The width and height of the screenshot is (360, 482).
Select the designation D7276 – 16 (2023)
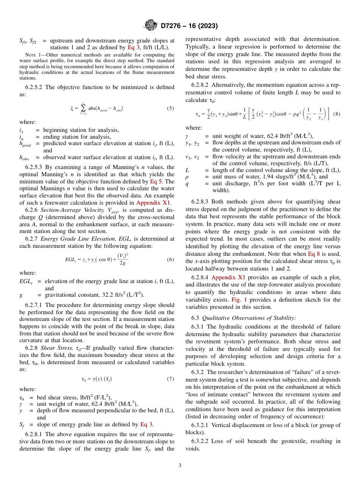click(x=189, y=26)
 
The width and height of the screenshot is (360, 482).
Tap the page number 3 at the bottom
click(x=180, y=465)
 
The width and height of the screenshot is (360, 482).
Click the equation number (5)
click(x=171, y=108)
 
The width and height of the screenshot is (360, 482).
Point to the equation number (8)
click(x=337, y=114)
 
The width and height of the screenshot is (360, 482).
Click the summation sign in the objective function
click(x=83, y=109)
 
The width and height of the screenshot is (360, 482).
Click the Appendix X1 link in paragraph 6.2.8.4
click(x=228, y=277)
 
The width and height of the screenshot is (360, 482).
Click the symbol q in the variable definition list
click(x=187, y=184)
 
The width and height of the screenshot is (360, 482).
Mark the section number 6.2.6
click(x=32, y=210)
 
